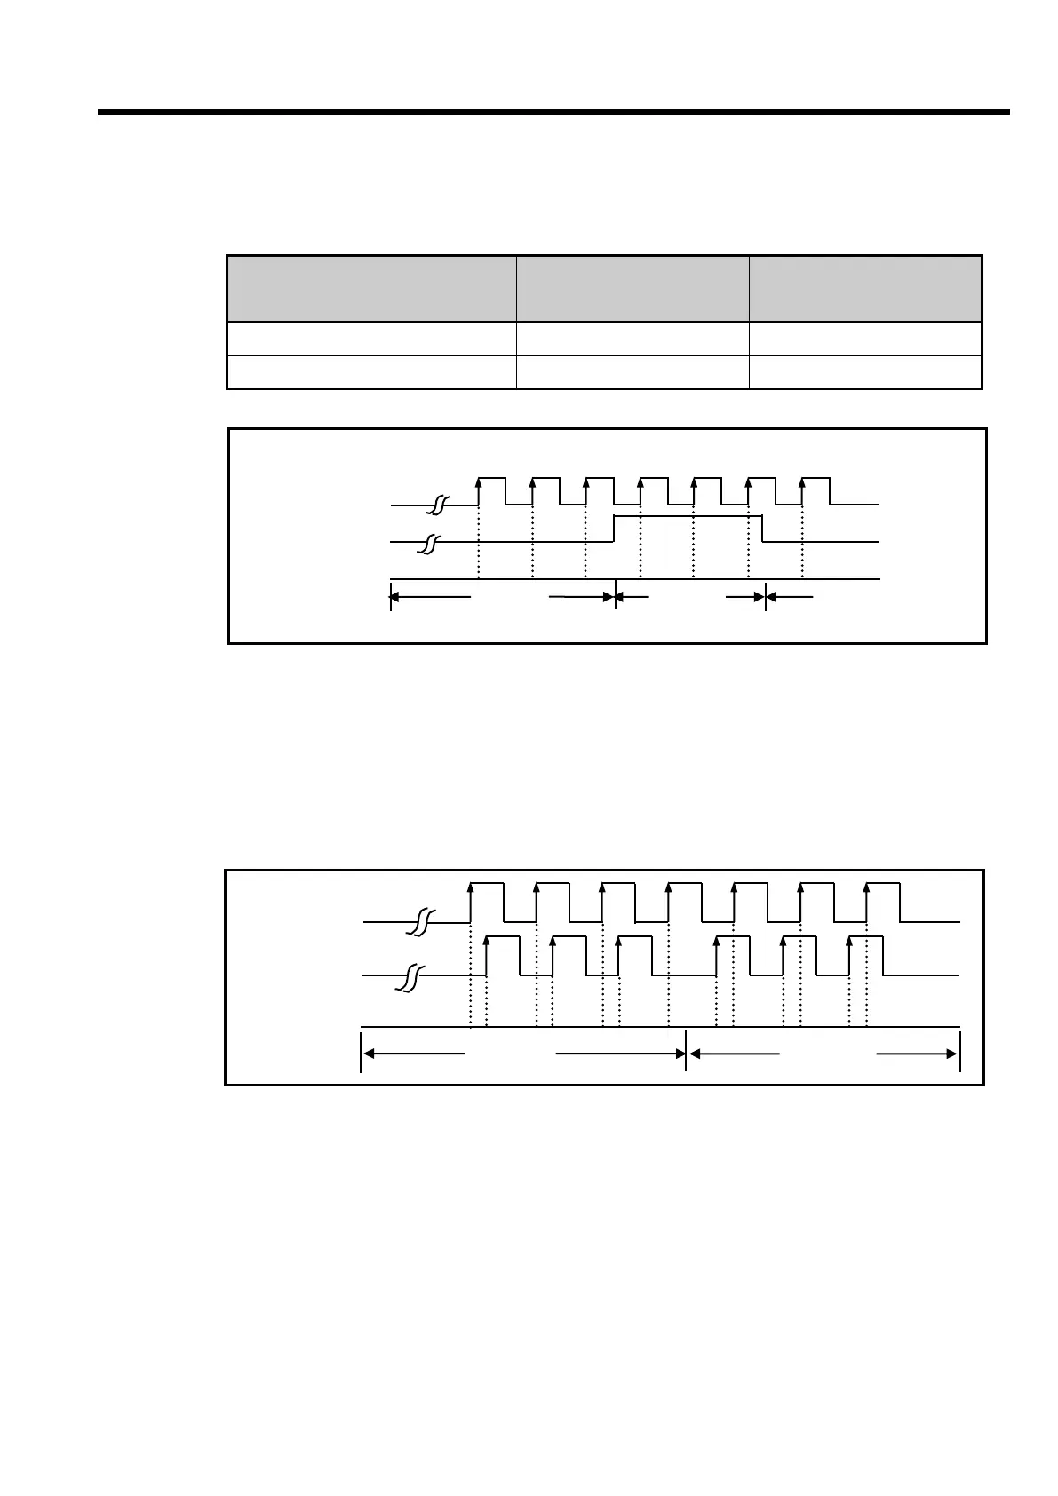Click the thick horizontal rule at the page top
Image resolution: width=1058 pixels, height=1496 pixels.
(553, 113)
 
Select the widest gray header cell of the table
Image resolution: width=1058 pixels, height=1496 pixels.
(371, 289)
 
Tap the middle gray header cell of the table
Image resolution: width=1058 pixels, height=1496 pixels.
(632, 289)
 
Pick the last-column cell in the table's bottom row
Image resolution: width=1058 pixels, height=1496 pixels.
(865, 372)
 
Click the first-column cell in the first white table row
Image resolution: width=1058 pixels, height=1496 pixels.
(371, 339)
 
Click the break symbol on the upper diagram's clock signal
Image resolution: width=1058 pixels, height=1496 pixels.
(437, 505)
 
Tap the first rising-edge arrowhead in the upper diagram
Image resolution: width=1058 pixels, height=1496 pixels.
(479, 482)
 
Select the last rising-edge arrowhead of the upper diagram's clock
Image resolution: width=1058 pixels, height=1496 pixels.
(802, 482)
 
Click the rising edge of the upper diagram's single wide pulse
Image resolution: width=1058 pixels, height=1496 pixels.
(615, 528)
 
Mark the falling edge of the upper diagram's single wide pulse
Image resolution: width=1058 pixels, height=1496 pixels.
(764, 528)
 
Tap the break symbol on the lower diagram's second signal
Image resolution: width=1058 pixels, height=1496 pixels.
(410, 975)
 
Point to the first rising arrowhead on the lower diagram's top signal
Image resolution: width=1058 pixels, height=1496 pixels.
(470, 887)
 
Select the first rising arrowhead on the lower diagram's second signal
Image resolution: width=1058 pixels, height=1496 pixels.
(486, 940)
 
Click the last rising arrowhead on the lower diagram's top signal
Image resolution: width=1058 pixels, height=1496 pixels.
(866, 887)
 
